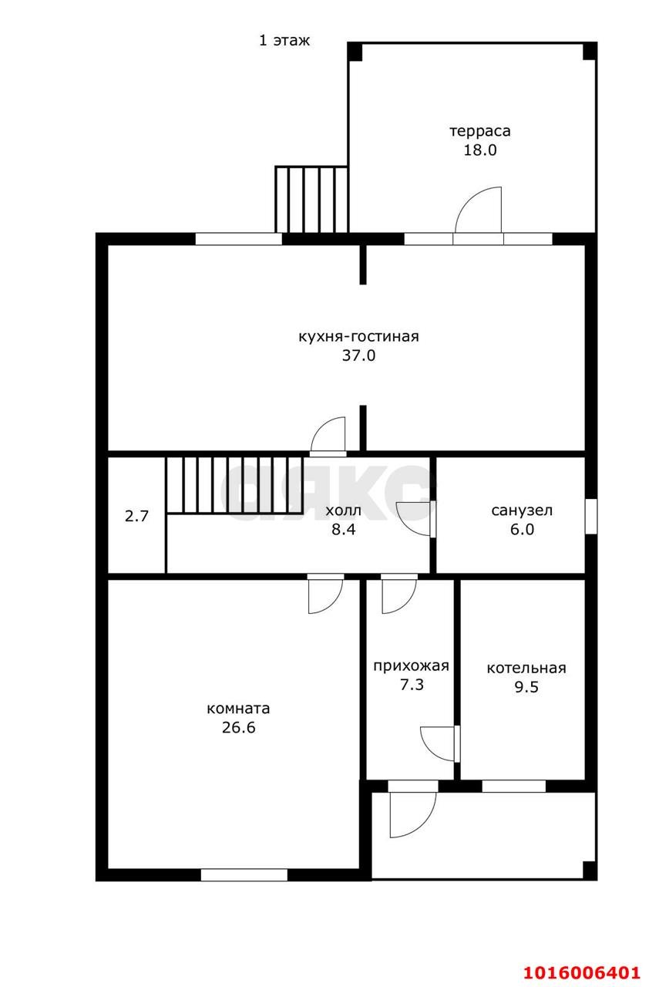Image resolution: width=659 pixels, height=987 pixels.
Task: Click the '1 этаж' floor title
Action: click(284, 41)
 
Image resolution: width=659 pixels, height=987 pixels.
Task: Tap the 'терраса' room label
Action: click(479, 131)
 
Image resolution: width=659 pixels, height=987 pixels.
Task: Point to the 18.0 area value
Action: click(479, 150)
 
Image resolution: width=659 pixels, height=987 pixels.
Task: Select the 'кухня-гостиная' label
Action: click(358, 337)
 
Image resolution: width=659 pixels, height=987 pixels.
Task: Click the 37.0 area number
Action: click(358, 355)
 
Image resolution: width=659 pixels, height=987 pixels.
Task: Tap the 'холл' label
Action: click(343, 510)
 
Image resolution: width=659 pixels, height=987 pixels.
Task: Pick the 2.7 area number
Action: click(136, 516)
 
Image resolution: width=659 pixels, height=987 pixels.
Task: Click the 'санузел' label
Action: click(522, 510)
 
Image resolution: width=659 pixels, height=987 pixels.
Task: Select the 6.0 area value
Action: click(522, 529)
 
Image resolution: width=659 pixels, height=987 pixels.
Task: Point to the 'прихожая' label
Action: click(411, 666)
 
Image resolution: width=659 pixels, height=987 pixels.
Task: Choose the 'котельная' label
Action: click(526, 669)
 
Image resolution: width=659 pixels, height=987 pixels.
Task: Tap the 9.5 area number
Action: click(526, 687)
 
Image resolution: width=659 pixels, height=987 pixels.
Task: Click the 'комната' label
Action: click(238, 709)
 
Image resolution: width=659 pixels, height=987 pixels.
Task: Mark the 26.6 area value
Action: click(238, 727)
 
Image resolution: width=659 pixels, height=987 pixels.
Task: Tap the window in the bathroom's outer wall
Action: click(590, 516)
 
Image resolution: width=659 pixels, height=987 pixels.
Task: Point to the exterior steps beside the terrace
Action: click(311, 199)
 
